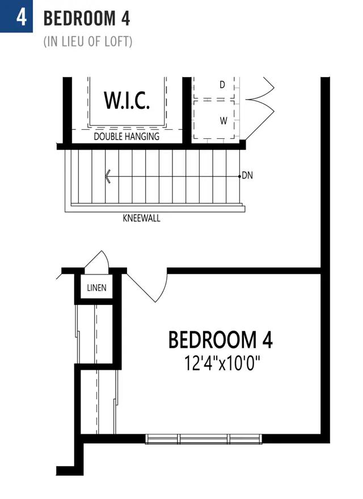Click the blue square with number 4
(x=16, y=16)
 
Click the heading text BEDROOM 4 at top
(x=87, y=18)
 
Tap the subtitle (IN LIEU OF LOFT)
(x=88, y=42)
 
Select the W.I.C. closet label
(x=126, y=100)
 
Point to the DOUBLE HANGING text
(x=126, y=137)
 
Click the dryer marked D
(x=222, y=84)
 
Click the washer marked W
(x=223, y=121)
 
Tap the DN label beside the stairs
(x=247, y=175)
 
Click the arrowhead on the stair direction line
(x=108, y=176)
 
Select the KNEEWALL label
(x=141, y=218)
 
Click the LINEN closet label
(x=97, y=287)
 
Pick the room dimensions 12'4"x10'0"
(x=222, y=363)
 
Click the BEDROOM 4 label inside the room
(x=220, y=340)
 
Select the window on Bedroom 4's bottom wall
(x=204, y=439)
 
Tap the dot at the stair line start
(x=240, y=176)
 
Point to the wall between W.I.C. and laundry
(x=187, y=110)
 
